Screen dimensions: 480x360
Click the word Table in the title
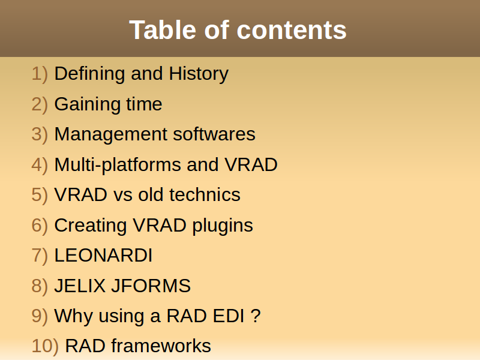point(163,30)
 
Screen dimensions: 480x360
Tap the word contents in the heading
point(292,31)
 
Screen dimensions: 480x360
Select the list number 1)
point(40,74)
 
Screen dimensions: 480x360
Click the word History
point(199,74)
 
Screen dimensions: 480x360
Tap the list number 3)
point(40,134)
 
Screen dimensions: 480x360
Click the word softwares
point(214,134)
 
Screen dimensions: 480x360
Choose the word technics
point(205,194)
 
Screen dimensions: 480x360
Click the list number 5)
point(40,195)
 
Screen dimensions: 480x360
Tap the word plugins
point(223,226)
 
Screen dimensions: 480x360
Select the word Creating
point(91,226)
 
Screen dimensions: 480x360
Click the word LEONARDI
point(103,256)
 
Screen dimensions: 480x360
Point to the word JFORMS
point(151,286)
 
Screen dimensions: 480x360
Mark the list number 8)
point(40,286)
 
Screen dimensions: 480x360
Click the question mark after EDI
point(256,316)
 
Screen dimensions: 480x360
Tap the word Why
point(73,316)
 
